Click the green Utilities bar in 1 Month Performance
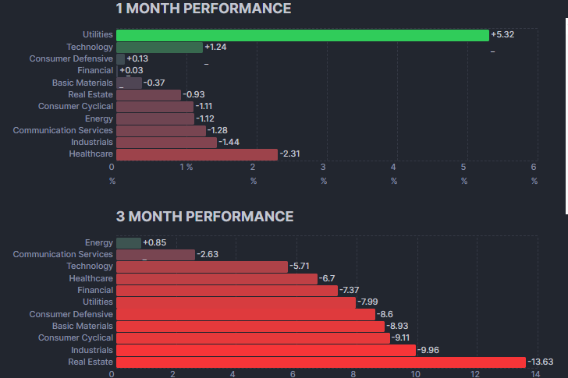click(x=301, y=35)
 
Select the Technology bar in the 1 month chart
click(x=159, y=48)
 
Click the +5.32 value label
click(x=503, y=35)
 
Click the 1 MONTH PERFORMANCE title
click(x=203, y=9)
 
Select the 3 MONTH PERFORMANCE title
click(x=204, y=217)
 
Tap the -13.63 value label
click(x=541, y=362)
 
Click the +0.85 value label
click(x=154, y=243)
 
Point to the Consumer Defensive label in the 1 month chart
click(x=71, y=59)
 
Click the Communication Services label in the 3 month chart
click(x=62, y=255)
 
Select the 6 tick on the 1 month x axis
click(x=534, y=168)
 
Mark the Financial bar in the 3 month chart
click(x=226, y=291)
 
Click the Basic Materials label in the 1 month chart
click(x=83, y=83)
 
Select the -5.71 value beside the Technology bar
click(x=300, y=267)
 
